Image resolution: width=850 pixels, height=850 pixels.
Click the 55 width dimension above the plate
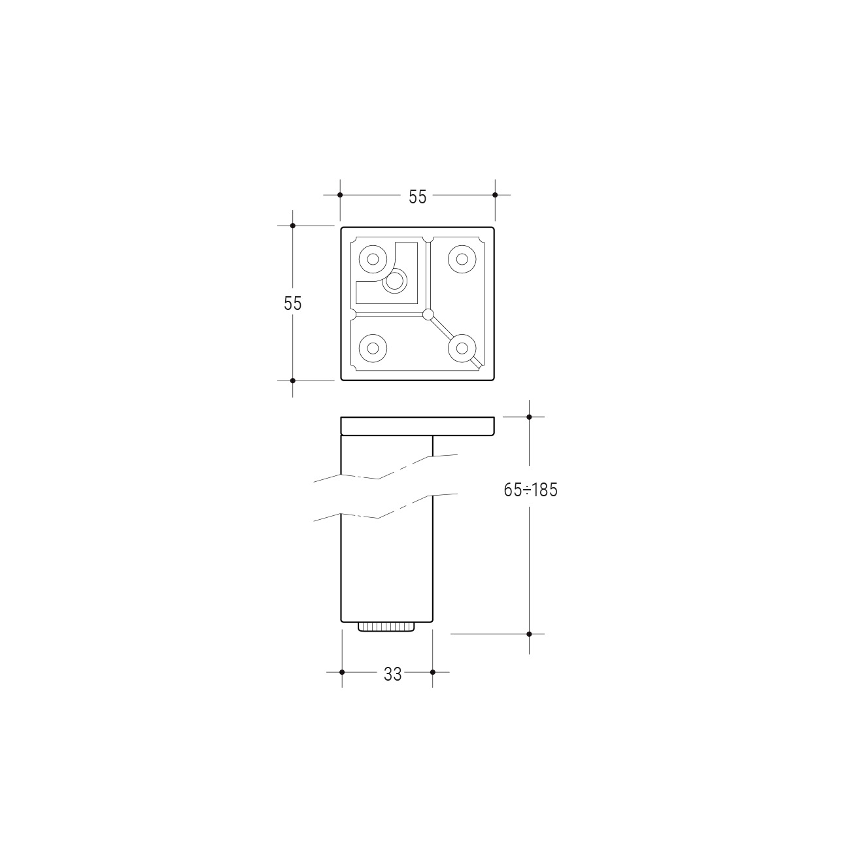click(x=417, y=197)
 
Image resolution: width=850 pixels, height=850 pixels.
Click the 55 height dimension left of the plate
click(x=293, y=303)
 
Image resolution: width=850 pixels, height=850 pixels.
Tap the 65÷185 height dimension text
click(x=531, y=490)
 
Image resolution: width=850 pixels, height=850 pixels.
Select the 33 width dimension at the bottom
click(x=392, y=674)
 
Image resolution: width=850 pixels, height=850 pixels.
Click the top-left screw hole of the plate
click(x=373, y=259)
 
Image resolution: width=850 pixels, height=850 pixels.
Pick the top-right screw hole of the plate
click(x=462, y=259)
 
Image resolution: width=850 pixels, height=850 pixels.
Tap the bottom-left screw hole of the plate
click(x=373, y=348)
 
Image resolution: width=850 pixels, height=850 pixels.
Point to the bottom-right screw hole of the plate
click(x=462, y=348)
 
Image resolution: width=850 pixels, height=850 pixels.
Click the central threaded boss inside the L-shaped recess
click(x=395, y=280)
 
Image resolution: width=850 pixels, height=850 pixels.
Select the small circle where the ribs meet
click(x=428, y=314)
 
